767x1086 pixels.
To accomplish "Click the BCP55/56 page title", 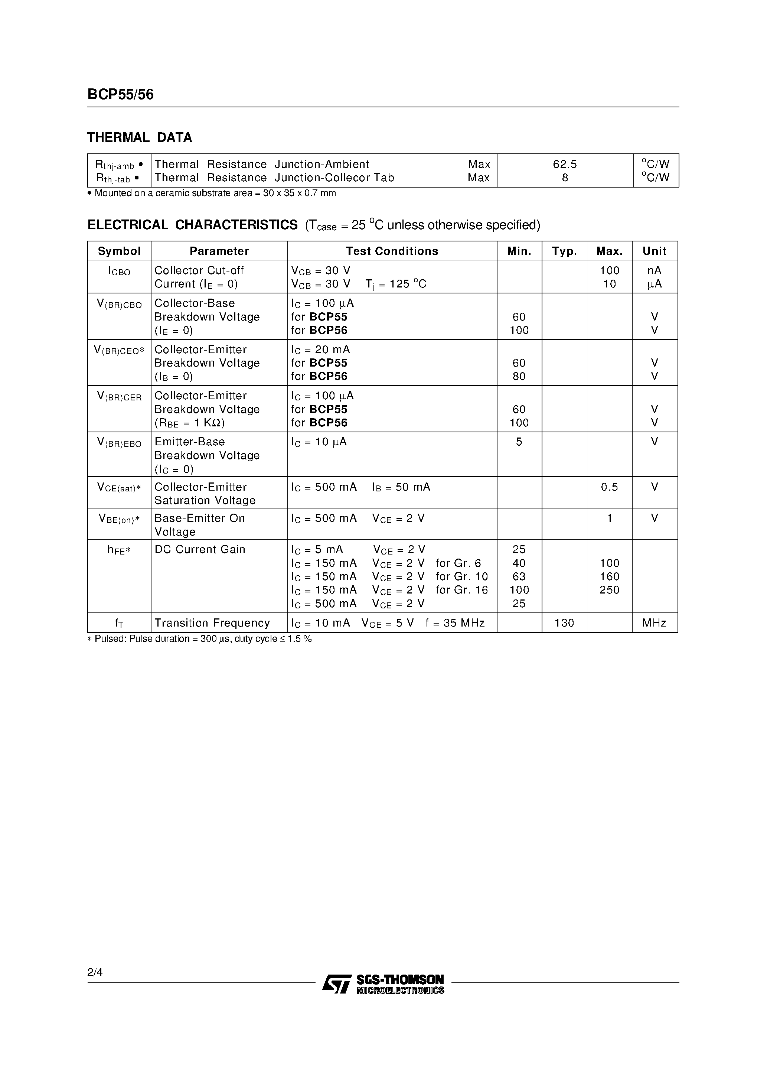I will [x=121, y=95].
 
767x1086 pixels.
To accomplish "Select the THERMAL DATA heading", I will [x=140, y=138].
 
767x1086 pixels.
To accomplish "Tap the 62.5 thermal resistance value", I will [x=565, y=164].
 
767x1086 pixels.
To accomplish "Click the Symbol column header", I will [x=119, y=251].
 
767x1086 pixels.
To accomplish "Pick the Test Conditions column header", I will [x=392, y=251].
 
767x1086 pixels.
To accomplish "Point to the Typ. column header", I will [x=564, y=251].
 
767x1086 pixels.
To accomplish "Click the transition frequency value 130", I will [x=564, y=623].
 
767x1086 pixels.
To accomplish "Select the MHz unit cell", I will [x=654, y=623].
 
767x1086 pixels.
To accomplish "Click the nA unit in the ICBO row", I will [x=654, y=270].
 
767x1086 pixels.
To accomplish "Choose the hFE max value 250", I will [x=609, y=590].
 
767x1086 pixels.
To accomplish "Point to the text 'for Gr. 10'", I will [x=461, y=576].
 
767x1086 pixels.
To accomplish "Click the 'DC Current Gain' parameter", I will [x=200, y=550].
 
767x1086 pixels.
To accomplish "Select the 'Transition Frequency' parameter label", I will [x=212, y=623].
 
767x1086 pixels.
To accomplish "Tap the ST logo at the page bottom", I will [x=337, y=983].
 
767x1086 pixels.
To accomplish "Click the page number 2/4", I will [x=95, y=972].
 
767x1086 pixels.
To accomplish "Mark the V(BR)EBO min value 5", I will [x=519, y=442].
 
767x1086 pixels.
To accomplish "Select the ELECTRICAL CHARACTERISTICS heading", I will [x=192, y=225].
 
